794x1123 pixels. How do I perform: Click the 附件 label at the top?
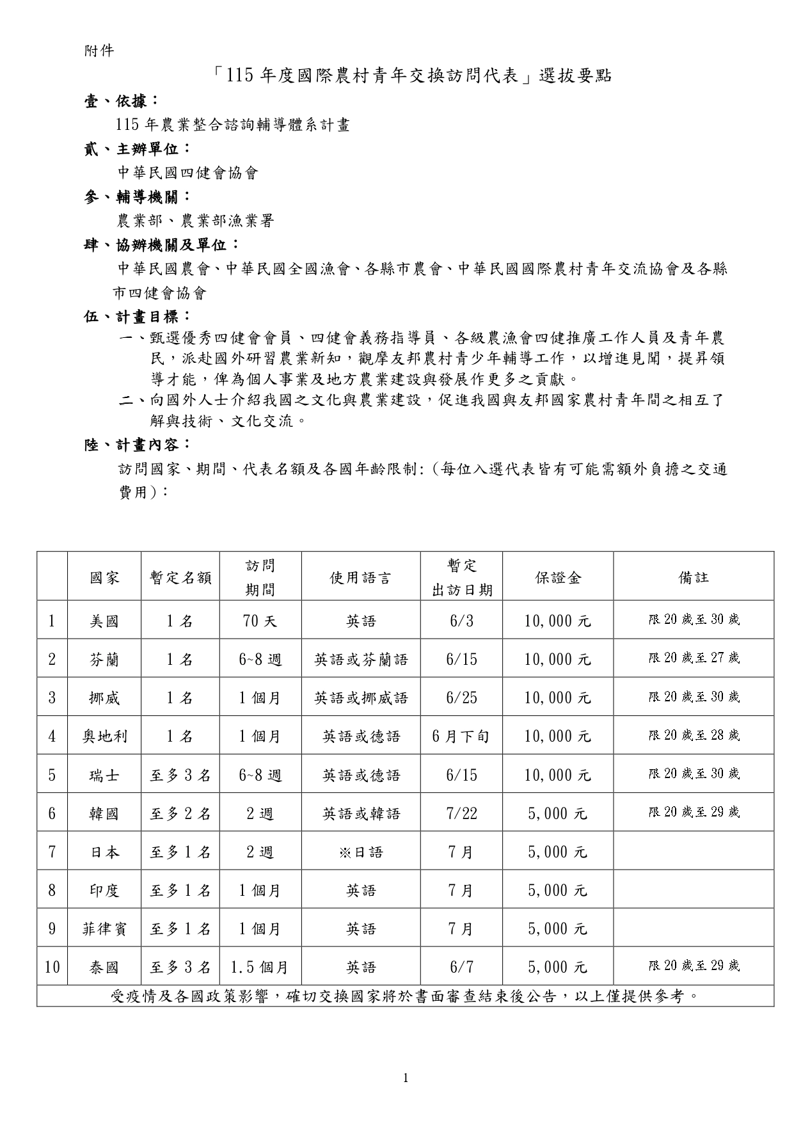click(99, 51)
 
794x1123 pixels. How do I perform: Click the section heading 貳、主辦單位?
click(137, 149)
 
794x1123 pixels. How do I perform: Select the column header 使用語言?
click(361, 578)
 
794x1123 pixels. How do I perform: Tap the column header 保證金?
click(558, 578)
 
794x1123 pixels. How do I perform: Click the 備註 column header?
click(694, 578)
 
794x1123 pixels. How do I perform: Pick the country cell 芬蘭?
click(104, 659)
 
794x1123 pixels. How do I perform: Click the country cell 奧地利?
click(104, 736)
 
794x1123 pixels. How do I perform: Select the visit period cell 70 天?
click(260, 621)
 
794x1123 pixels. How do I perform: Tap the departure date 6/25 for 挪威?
click(461, 697)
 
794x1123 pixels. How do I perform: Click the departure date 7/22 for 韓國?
click(461, 813)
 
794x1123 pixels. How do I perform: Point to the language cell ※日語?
click(361, 852)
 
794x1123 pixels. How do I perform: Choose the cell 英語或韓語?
click(361, 813)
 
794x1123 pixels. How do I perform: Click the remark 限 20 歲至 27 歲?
click(694, 658)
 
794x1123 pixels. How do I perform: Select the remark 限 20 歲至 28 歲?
click(694, 735)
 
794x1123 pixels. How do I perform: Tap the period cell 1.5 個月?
click(260, 967)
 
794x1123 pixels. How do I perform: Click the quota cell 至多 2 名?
click(180, 813)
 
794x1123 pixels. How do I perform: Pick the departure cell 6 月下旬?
click(461, 736)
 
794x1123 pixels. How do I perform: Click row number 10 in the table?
click(52, 967)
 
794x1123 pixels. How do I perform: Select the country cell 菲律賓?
click(104, 928)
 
